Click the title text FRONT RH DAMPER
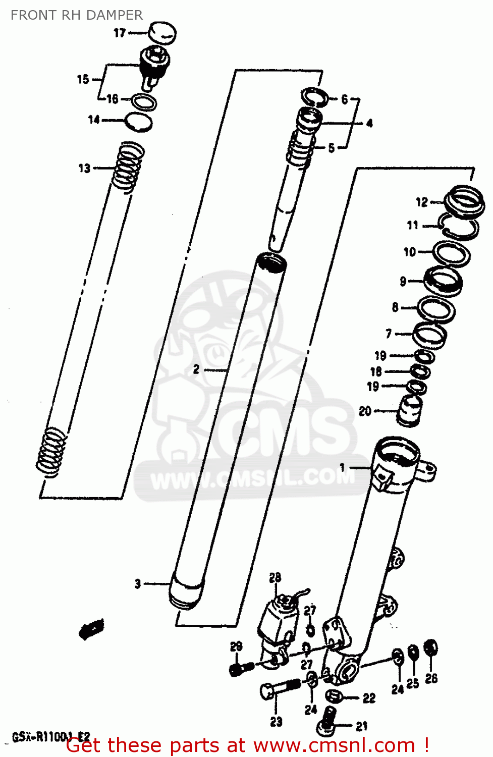click(77, 15)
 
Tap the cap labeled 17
click(162, 33)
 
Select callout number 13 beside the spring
click(84, 168)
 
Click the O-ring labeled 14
click(139, 122)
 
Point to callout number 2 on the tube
click(196, 369)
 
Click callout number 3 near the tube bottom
click(138, 584)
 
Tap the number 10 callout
click(410, 251)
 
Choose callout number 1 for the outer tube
click(343, 467)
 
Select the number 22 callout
click(369, 698)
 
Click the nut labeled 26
click(430, 648)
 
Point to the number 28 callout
click(275, 577)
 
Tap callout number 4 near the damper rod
click(369, 123)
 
